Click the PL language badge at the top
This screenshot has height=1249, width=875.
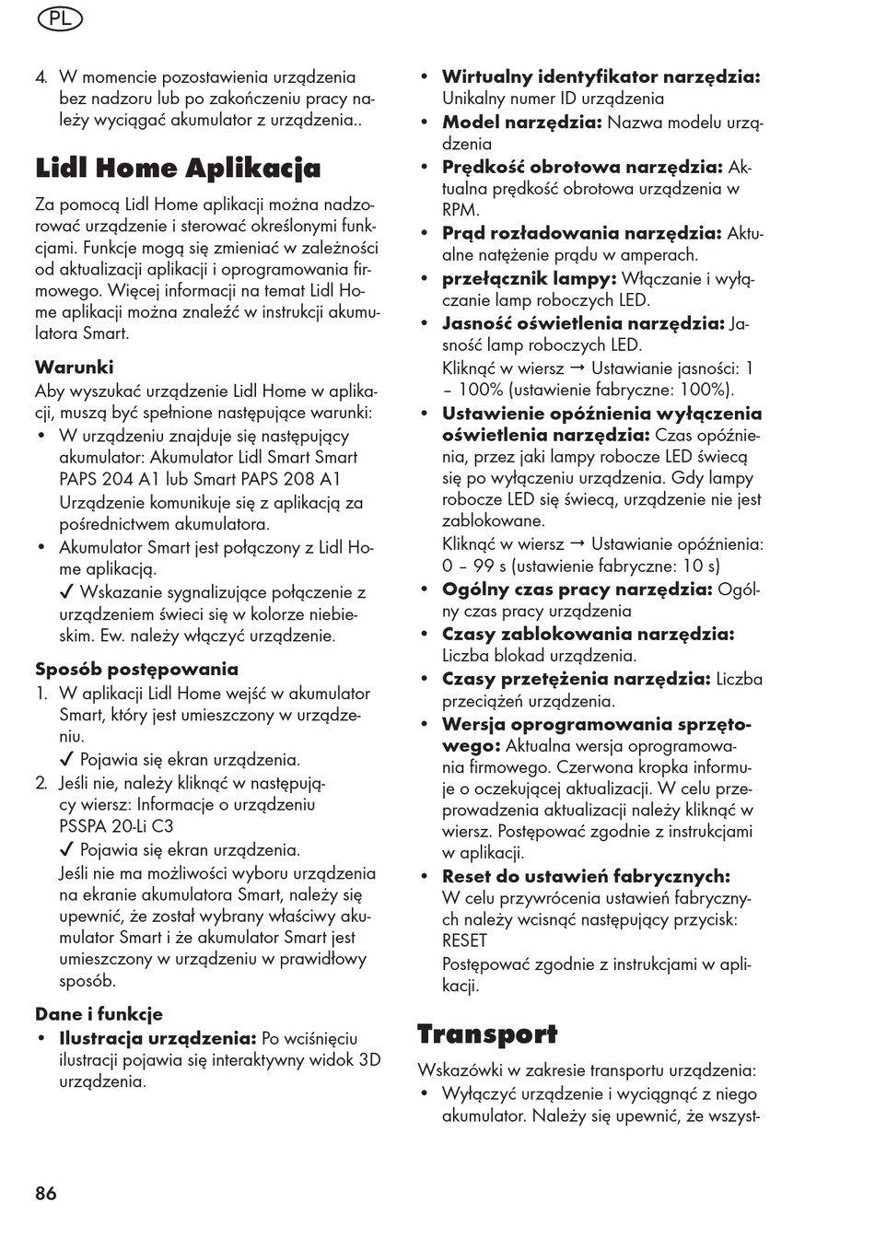(60, 18)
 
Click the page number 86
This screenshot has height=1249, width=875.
(46, 1194)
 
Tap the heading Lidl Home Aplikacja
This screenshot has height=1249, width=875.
(178, 169)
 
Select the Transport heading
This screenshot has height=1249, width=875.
(487, 1034)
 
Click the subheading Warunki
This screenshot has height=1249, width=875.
(75, 368)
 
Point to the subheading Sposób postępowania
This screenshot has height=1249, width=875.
(136, 670)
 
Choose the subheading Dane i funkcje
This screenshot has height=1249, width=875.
(99, 1014)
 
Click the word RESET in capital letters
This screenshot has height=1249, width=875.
(464, 940)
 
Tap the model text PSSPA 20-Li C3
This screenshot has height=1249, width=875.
(116, 826)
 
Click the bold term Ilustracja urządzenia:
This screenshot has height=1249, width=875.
(157, 1038)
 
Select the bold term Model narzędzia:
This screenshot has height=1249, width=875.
(521, 123)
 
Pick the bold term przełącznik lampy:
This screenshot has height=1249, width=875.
(529, 278)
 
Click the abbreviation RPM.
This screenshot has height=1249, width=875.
(460, 210)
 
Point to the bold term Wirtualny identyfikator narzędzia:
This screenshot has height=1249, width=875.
(601, 77)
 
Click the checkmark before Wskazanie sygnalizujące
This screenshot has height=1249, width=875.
(66, 593)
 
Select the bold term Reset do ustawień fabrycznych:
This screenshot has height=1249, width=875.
(586, 877)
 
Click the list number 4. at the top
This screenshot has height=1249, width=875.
(41, 77)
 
